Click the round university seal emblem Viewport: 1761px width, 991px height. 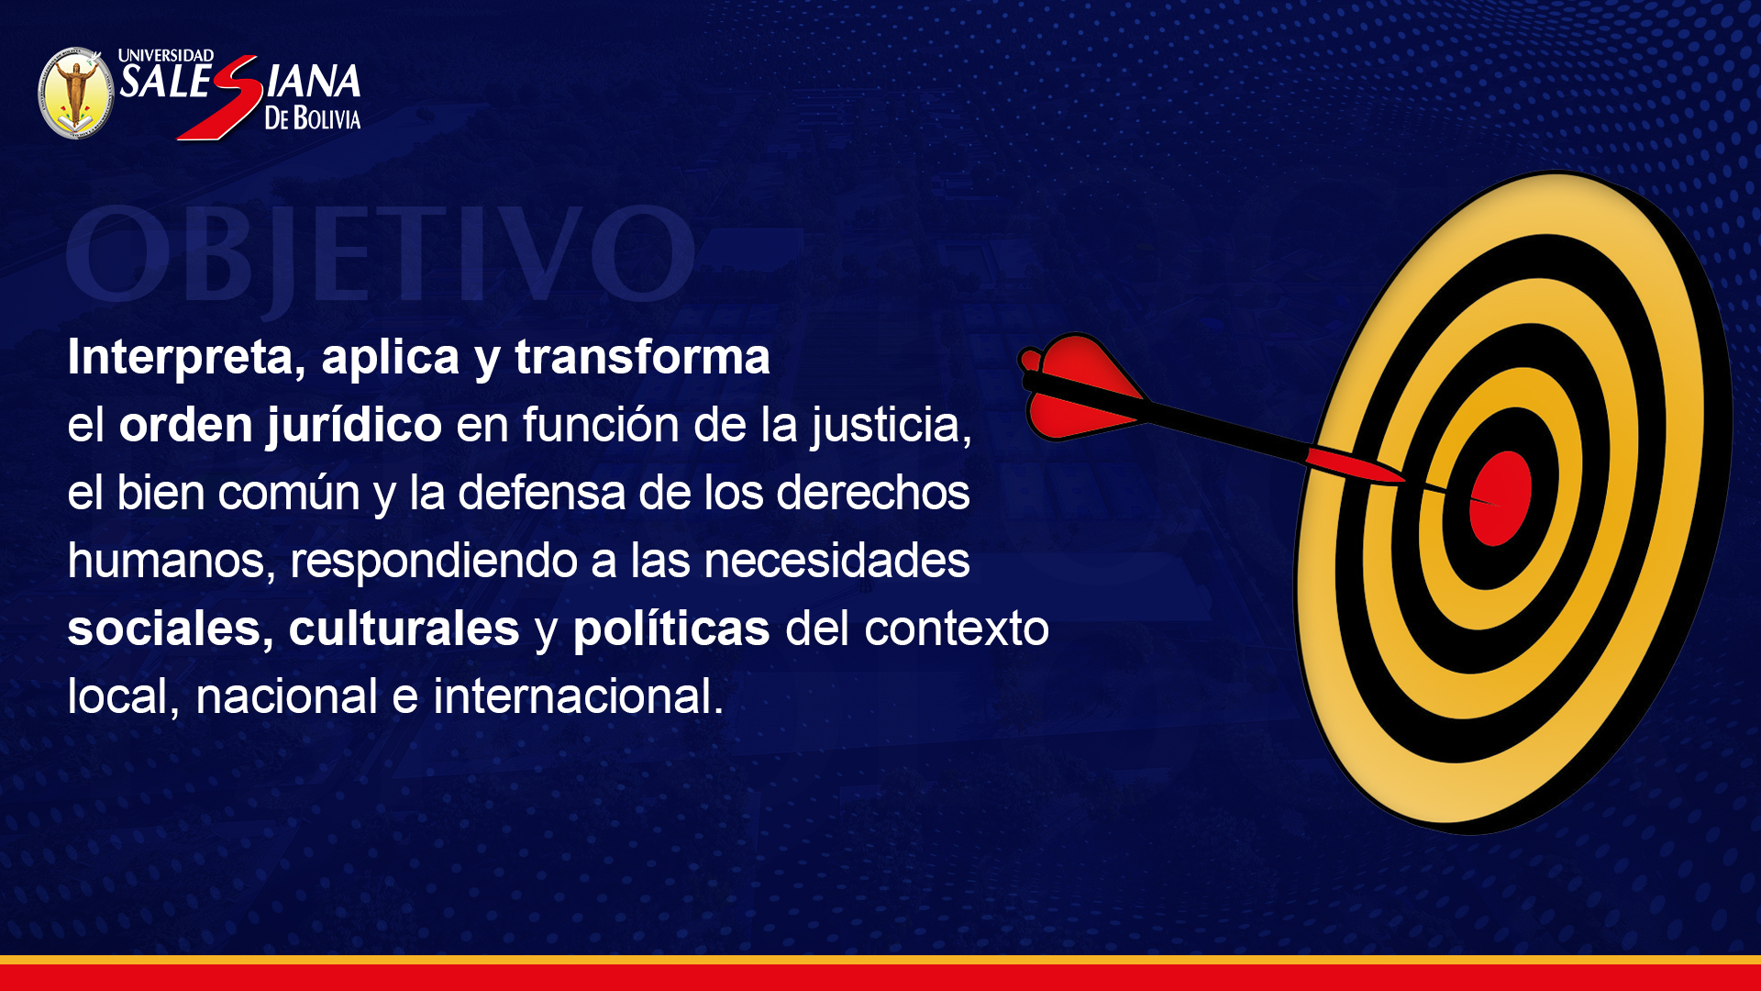click(x=76, y=93)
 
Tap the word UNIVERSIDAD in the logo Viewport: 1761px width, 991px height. click(x=166, y=56)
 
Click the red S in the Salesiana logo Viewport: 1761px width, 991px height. click(x=221, y=97)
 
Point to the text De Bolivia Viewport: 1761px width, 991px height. click(x=313, y=118)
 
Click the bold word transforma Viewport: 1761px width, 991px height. click(x=642, y=356)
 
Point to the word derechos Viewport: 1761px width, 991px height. click(x=873, y=493)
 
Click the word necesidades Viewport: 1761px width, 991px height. click(x=836, y=561)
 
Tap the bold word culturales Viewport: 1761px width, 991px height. click(x=404, y=629)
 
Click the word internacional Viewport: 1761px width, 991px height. click(x=578, y=696)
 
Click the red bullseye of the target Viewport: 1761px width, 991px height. click(x=1501, y=498)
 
